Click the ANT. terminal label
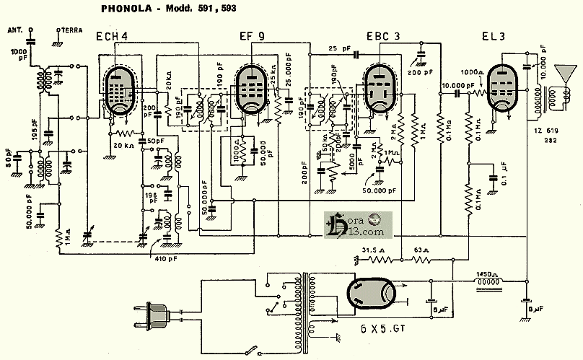(15, 30)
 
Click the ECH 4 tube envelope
(118, 89)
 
